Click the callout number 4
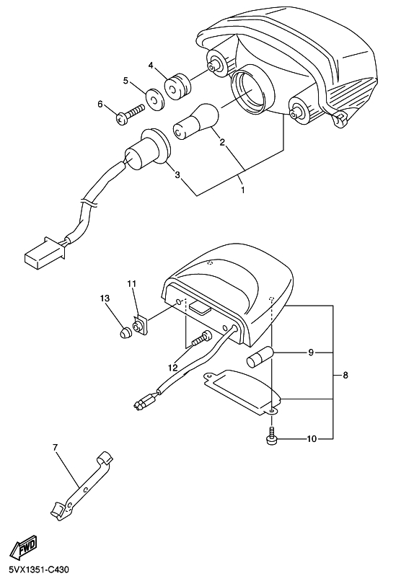tap(151, 66)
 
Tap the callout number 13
tap(105, 298)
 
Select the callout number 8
tap(345, 376)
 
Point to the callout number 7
tap(55, 448)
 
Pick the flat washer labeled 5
tap(155, 99)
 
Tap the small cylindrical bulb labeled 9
tap(260, 356)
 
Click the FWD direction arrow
tap(24, 547)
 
